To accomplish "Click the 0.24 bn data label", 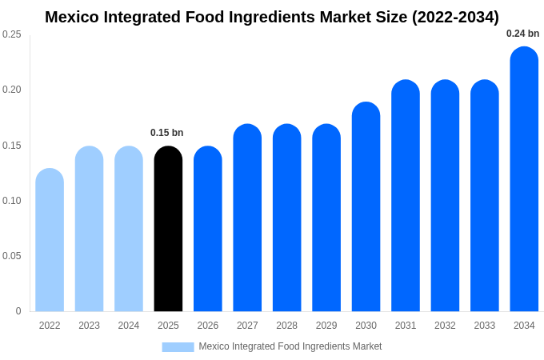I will click(x=522, y=34).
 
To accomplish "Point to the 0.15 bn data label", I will click(x=166, y=133).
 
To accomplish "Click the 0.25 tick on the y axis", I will click(x=12, y=34).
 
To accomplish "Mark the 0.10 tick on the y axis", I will click(x=12, y=201).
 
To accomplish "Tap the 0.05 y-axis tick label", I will click(x=12, y=256).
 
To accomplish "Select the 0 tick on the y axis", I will click(x=18, y=311).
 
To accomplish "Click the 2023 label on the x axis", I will click(x=89, y=326).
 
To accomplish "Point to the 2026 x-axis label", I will click(x=208, y=326).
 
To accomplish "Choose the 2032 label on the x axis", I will click(x=445, y=326).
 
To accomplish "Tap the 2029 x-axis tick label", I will click(x=326, y=326).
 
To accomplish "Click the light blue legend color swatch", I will click(x=178, y=346).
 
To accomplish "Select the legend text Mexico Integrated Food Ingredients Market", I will click(x=290, y=346).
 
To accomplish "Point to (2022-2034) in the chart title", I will click(x=455, y=17).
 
